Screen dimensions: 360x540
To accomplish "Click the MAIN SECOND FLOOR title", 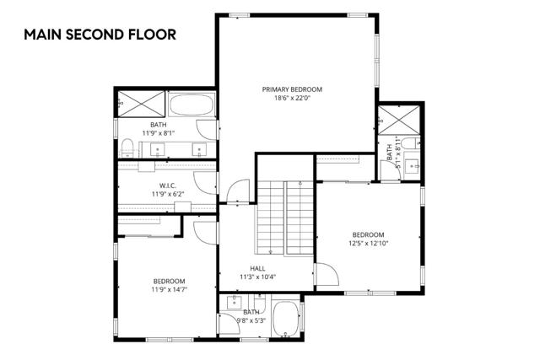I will [x=100, y=35].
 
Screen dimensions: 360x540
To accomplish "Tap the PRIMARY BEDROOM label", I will [x=292, y=89].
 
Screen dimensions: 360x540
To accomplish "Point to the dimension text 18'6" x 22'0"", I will [x=292, y=99].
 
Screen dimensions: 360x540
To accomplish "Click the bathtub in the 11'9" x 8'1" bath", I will [x=193, y=106].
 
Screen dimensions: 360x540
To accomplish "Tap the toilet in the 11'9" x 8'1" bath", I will [x=127, y=149].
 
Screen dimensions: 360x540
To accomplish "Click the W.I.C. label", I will [x=166, y=185].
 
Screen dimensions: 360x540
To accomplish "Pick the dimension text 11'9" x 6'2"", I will [x=166, y=195].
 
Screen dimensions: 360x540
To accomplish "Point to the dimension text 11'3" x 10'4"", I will [x=258, y=277].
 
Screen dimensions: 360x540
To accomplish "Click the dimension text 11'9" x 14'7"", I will [x=169, y=289].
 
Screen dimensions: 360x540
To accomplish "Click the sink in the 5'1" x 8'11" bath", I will [x=413, y=164].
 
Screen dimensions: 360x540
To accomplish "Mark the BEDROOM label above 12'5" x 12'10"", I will [x=368, y=234].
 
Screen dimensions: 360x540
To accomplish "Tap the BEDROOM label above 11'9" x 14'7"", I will [x=169, y=281].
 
